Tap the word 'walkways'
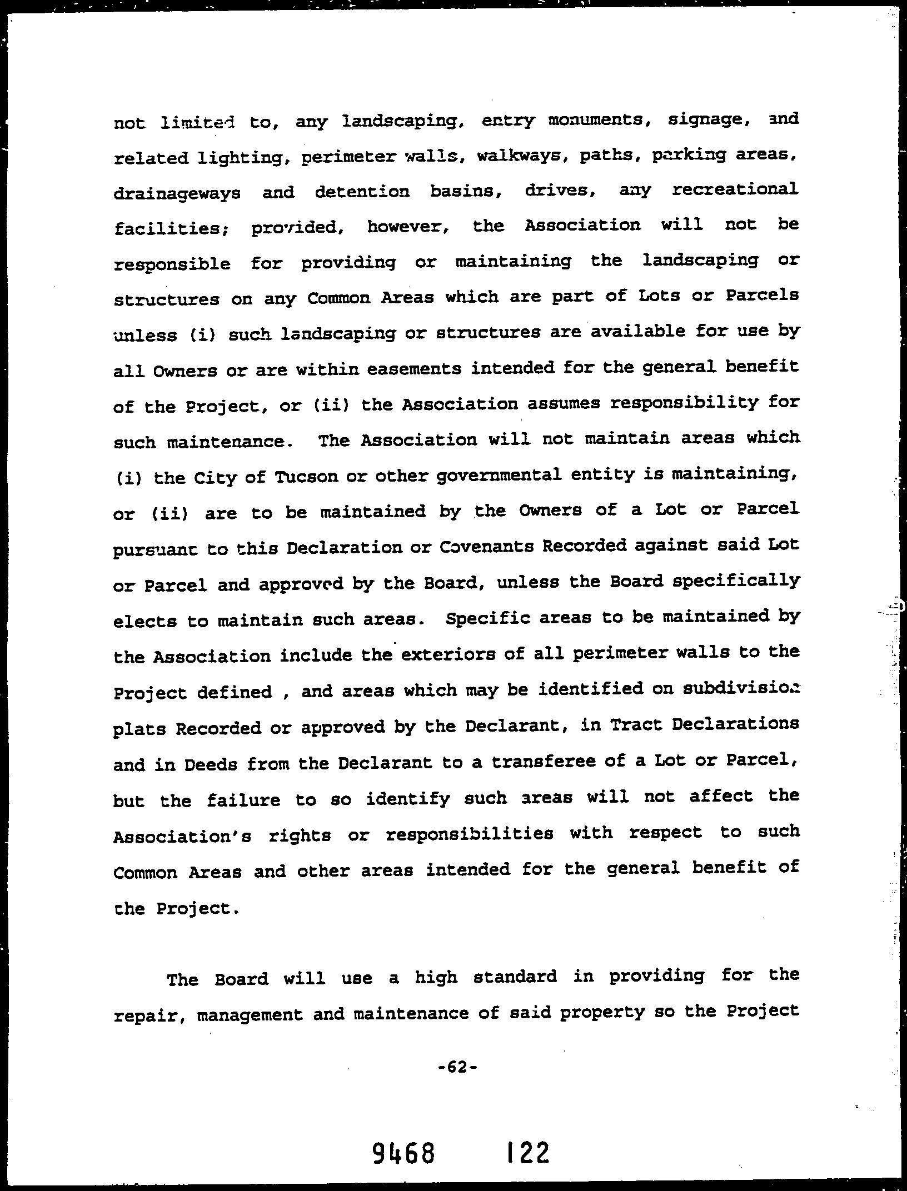click(x=519, y=156)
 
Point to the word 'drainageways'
click(x=177, y=194)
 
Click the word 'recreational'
click(x=735, y=190)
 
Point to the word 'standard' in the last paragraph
click(x=515, y=977)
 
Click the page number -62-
click(x=457, y=1067)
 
